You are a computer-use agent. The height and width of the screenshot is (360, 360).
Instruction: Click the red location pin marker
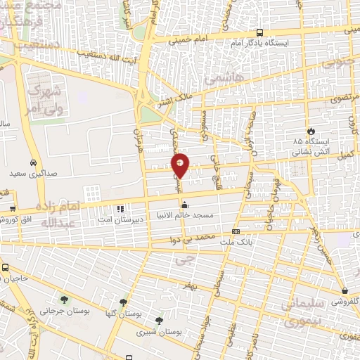[181, 165]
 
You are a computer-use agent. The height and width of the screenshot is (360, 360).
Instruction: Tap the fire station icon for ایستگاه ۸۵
[309, 131]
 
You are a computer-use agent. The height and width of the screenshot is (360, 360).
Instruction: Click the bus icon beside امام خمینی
[260, 32]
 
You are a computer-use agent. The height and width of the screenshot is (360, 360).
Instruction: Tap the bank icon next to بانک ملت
[236, 231]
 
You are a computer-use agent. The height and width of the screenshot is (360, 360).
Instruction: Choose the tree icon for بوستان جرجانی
[64, 301]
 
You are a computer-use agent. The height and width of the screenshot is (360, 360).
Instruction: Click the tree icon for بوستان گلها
[124, 302]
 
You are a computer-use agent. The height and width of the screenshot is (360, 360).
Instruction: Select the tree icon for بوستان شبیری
[166, 320]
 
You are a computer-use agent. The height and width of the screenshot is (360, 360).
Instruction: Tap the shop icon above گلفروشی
[345, 290]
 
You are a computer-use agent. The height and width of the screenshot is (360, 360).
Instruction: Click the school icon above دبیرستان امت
[120, 209]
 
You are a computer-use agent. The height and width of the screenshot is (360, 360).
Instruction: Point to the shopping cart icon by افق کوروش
[13, 209]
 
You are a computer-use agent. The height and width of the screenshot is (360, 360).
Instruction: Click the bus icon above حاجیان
[6, 268]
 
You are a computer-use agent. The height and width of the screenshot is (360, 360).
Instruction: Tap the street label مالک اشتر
[174, 101]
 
